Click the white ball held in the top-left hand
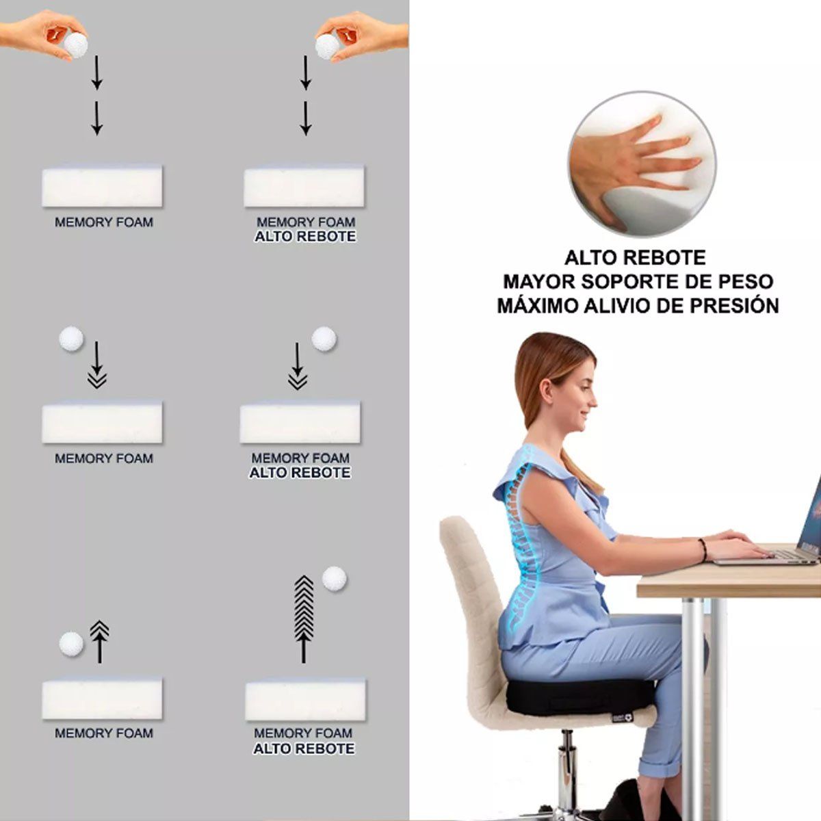[76, 46]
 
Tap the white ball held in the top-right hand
[327, 47]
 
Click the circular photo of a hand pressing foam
[642, 164]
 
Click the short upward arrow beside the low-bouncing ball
[99, 642]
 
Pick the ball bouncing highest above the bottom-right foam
[335, 579]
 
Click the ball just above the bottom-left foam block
[71, 644]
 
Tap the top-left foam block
[102, 186]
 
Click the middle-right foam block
[300, 423]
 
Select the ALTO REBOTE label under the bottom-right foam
[304, 748]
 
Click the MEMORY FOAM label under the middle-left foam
[103, 458]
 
